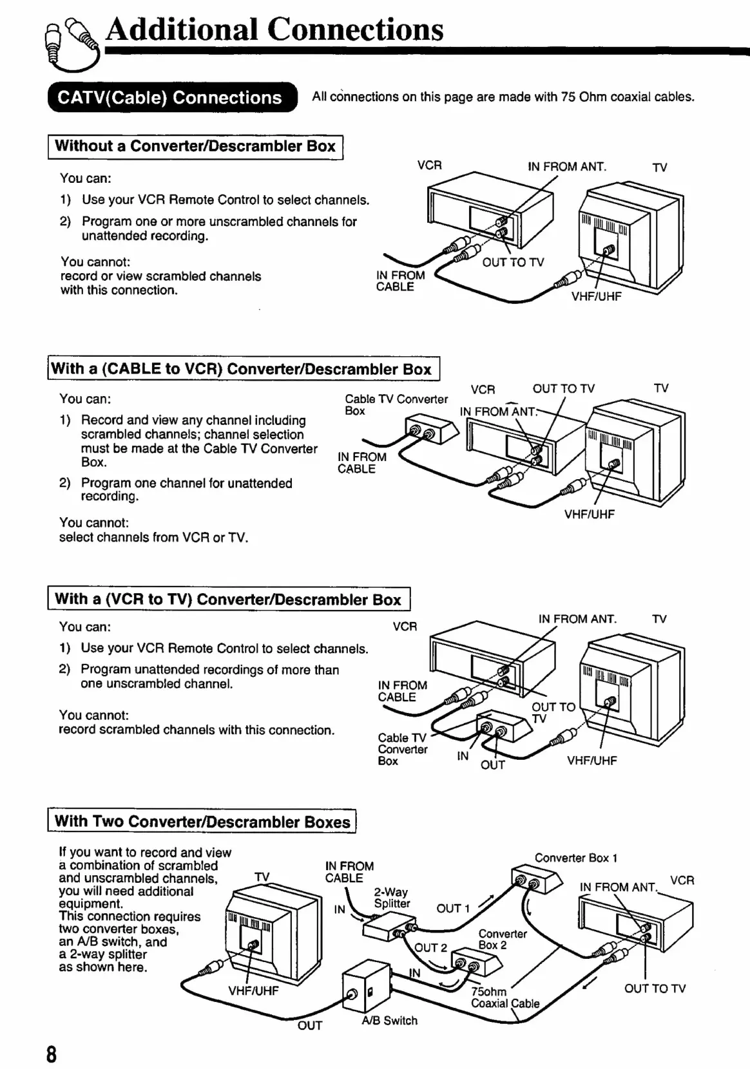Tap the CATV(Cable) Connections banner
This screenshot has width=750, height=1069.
[x=170, y=98]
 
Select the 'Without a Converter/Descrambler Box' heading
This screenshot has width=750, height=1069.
[x=195, y=146]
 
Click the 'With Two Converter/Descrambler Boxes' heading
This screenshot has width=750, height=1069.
[x=202, y=822]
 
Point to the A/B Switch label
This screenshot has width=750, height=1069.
[x=389, y=1021]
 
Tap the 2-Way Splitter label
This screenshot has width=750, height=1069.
[x=391, y=898]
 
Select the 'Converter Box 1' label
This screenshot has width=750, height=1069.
[x=576, y=858]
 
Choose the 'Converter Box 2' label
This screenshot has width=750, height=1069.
[x=502, y=940]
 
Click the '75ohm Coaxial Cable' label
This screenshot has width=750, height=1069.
[x=505, y=998]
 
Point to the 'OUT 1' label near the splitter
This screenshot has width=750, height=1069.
[x=453, y=909]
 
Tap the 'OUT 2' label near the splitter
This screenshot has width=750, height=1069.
[x=430, y=948]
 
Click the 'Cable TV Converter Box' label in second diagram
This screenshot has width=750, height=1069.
[x=396, y=405]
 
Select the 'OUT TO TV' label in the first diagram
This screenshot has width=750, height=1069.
[x=513, y=263]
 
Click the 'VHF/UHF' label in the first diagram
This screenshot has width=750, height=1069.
[x=596, y=297]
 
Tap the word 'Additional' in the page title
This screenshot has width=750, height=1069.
[x=182, y=30]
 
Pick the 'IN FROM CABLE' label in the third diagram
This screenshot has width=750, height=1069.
[x=402, y=691]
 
